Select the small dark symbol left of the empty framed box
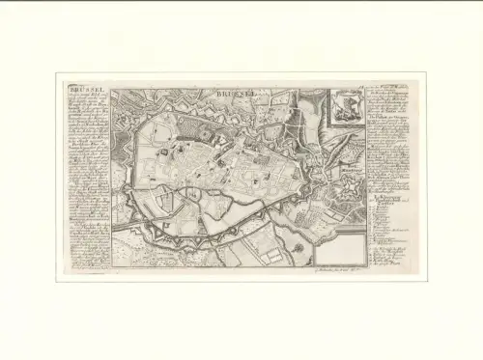point(298,248)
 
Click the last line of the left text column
point(86,267)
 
